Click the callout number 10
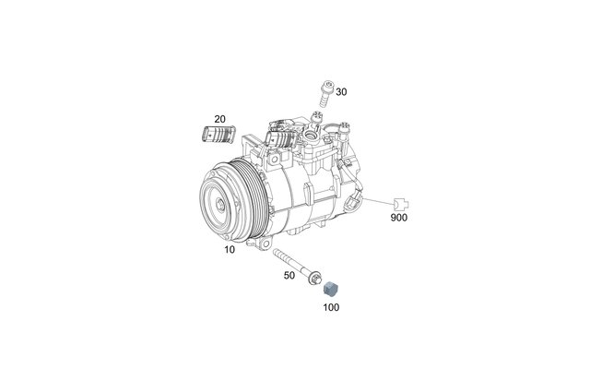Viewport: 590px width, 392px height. tap(229, 250)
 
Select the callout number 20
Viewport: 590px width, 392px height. tap(219, 119)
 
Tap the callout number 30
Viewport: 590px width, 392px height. tap(341, 92)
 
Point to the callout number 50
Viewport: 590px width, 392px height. tap(289, 276)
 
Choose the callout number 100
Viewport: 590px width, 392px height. tap(331, 306)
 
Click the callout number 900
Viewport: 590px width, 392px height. tap(398, 219)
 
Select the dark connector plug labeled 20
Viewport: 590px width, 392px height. tap(217, 137)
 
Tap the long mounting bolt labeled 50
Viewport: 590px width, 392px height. tap(295, 262)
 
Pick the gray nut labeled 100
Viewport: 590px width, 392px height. tap(331, 288)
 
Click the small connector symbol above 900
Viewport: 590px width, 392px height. tap(398, 202)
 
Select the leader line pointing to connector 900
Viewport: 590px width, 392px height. tap(378, 199)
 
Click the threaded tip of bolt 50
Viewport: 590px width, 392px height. tap(277, 253)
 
